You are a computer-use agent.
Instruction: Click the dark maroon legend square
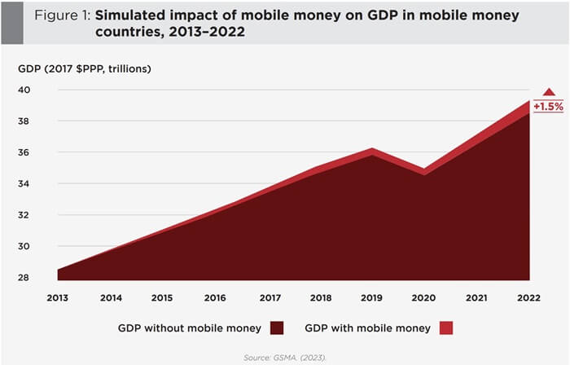click(x=278, y=328)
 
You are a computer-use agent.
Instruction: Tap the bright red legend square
click(x=445, y=328)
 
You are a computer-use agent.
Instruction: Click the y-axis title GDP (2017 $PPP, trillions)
click(x=85, y=67)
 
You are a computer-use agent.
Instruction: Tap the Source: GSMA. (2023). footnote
click(x=284, y=355)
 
